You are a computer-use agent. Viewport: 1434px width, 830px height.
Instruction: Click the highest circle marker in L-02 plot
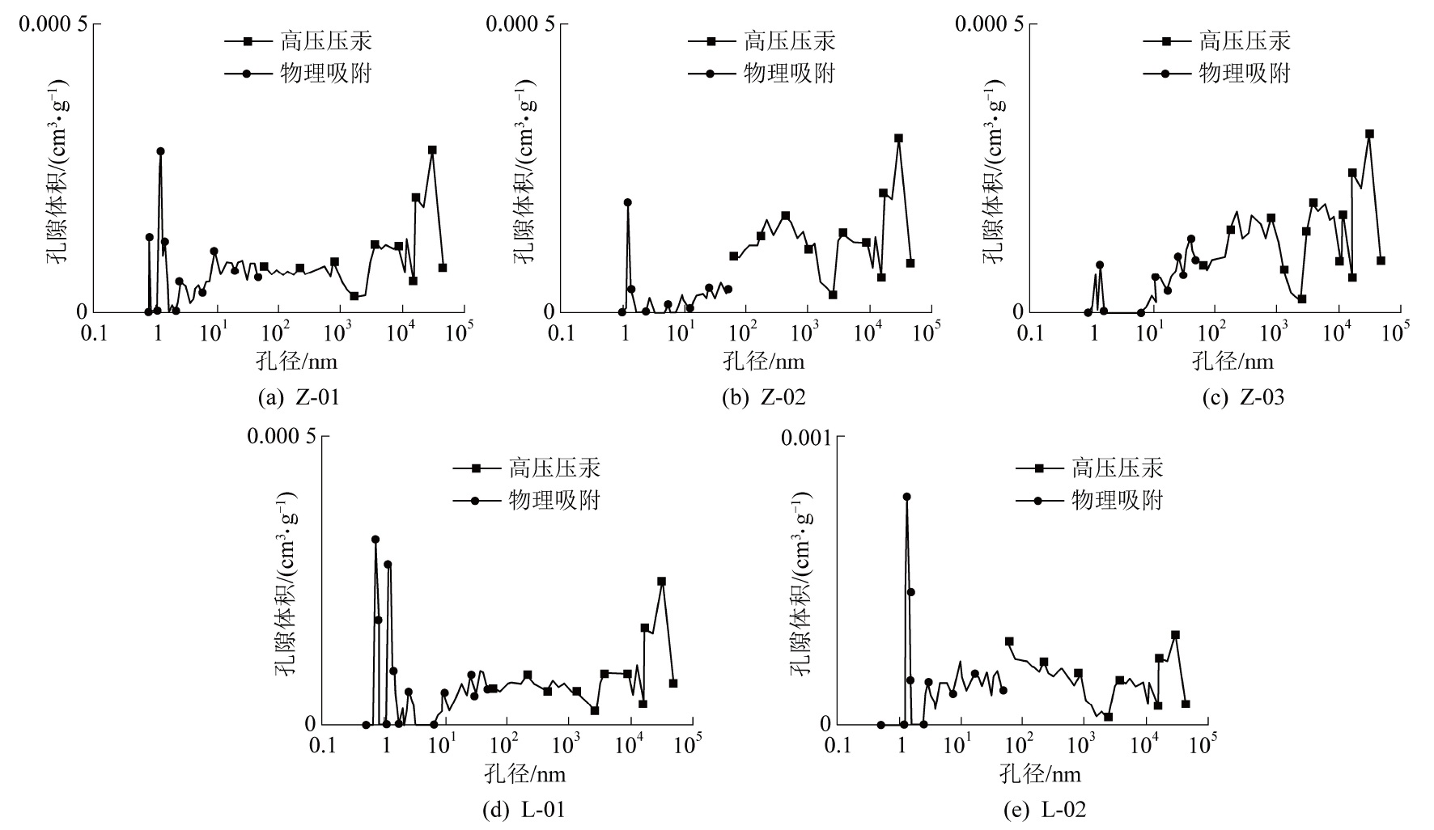906,497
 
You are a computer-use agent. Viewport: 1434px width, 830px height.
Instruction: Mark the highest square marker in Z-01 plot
432,150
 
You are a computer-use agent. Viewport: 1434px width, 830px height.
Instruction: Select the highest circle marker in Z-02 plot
627,202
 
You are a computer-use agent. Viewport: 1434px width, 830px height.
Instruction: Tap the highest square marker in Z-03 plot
1369,133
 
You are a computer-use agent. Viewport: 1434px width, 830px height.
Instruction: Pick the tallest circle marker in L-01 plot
375,540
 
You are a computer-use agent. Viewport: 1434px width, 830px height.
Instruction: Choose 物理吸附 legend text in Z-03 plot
1244,73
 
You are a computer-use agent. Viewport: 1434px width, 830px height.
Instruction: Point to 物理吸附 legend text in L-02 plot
1117,500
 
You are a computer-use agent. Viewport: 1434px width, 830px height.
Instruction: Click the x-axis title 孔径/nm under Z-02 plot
764,360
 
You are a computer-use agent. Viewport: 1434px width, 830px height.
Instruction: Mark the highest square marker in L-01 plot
661,581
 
